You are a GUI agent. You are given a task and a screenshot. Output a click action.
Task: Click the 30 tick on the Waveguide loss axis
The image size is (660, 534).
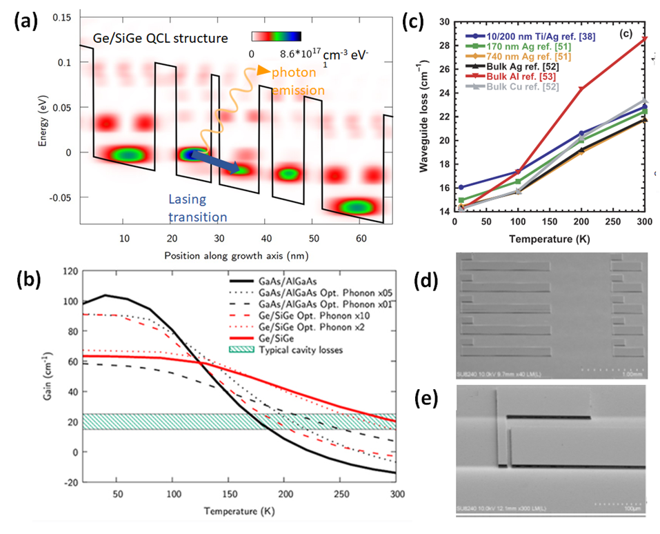pos(443,22)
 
